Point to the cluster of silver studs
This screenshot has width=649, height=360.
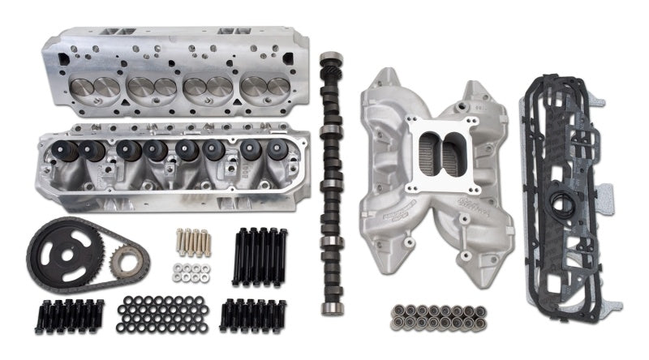point(191,240)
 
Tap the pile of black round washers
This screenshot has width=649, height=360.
point(159,313)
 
